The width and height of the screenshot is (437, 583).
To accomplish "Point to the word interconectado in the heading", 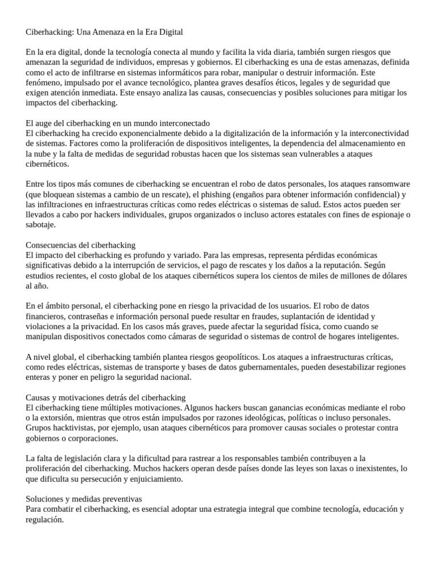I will pos(182,122).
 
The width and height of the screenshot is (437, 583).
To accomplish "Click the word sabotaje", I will pos(40,224).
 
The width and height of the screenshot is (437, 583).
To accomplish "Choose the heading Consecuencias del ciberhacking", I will pos(81,245).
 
